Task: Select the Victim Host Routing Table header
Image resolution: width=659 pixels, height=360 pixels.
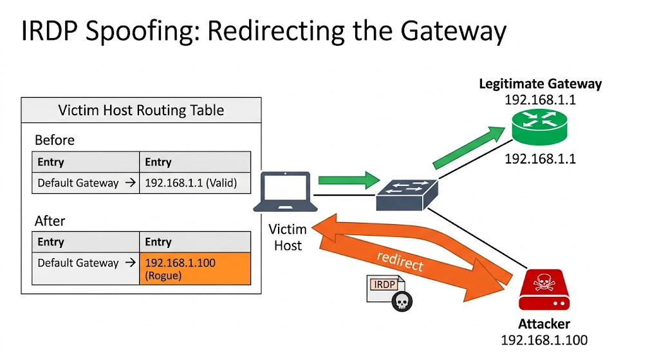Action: [141, 110]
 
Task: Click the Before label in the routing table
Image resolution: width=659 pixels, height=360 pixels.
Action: [55, 140]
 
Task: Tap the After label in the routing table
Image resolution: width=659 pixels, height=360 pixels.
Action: [50, 221]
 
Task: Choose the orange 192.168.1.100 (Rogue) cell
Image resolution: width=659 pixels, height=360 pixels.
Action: [194, 269]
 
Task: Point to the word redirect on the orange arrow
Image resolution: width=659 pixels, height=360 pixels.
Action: [400, 261]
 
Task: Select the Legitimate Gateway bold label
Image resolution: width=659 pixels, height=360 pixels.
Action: [540, 84]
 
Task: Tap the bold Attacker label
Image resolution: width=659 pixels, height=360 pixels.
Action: [544, 324]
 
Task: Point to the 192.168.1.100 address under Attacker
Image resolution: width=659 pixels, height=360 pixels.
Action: [544, 340]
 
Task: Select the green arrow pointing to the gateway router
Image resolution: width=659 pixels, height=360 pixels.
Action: [470, 148]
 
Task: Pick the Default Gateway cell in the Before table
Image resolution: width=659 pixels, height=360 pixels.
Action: [86, 183]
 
